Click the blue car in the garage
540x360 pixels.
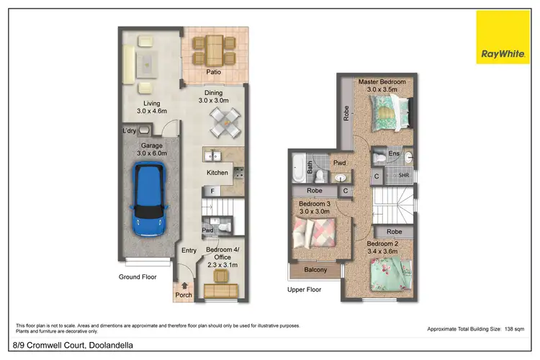tap(148, 201)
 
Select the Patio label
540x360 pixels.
tap(213, 73)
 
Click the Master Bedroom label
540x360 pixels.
tap(382, 82)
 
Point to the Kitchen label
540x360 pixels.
tap(217, 173)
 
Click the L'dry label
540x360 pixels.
tap(129, 130)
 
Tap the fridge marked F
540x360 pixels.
tap(213, 191)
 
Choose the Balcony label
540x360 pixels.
tap(315, 270)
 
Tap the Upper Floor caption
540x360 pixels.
tap(304, 290)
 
